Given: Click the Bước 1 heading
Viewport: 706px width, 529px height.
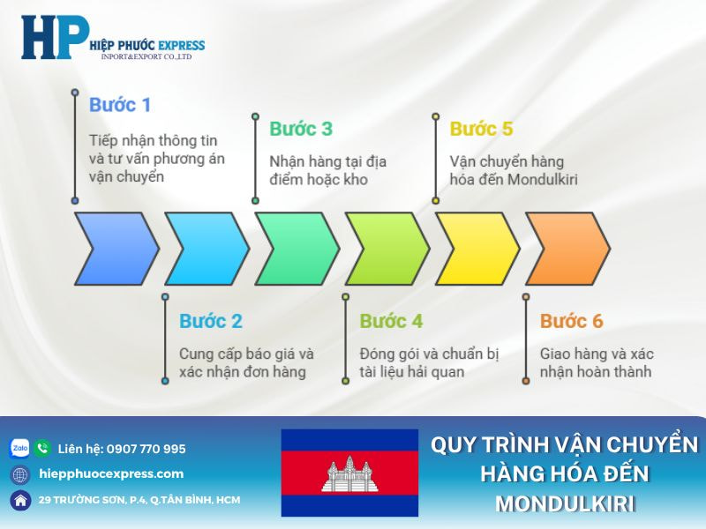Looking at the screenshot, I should point(120,105).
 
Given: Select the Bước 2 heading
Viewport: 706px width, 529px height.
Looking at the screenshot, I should point(210,321).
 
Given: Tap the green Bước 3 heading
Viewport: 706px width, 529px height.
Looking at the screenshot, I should point(301,129).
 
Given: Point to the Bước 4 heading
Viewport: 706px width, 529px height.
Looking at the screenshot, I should point(391,321).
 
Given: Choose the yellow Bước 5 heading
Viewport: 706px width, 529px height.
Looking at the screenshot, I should point(481,129).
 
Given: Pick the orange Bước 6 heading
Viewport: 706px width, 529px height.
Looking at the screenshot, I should point(572,321).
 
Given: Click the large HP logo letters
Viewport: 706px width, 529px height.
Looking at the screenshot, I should point(55,37).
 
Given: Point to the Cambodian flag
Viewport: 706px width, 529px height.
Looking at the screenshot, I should point(349,473).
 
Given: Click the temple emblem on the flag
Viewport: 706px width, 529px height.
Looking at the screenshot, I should point(349,474).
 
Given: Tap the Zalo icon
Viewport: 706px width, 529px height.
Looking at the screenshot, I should point(19,449).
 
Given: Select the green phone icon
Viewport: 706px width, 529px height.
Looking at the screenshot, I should point(42,449).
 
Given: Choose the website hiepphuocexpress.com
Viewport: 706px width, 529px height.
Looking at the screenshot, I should point(111,473).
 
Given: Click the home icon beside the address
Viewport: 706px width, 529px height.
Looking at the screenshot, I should point(19,500).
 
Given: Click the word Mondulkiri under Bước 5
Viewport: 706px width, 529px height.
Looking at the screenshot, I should point(551,180).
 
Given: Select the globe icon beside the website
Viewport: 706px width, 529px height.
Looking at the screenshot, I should point(19,474).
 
